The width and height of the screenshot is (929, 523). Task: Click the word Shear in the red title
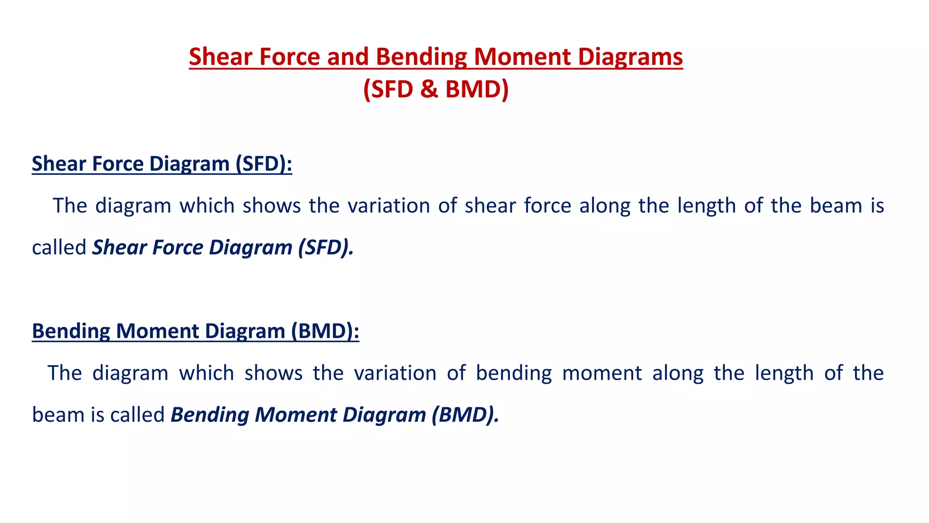pyautogui.click(x=220, y=57)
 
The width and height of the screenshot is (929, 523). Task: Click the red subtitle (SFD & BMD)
pyautogui.click(x=435, y=89)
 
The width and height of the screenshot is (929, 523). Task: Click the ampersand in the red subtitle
pyautogui.click(x=429, y=89)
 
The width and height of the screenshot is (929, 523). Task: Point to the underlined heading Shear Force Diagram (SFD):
pyautogui.click(x=162, y=164)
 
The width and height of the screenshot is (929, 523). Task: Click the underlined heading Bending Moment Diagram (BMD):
pyautogui.click(x=196, y=331)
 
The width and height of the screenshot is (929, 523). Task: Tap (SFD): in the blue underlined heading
pyautogui.click(x=264, y=164)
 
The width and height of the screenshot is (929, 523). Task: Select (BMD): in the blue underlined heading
pyautogui.click(x=325, y=331)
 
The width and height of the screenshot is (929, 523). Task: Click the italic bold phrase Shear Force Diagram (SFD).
pyautogui.click(x=223, y=248)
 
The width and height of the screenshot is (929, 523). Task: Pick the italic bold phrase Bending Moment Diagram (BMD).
pyautogui.click(x=335, y=415)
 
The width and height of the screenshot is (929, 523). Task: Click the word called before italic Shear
pyautogui.click(x=59, y=248)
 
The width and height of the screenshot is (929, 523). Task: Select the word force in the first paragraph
pyautogui.click(x=548, y=206)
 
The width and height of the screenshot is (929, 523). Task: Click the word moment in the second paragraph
pyautogui.click(x=602, y=373)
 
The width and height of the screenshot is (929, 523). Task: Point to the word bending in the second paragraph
pyautogui.click(x=513, y=373)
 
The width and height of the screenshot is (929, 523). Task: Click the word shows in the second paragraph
pyautogui.click(x=273, y=373)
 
